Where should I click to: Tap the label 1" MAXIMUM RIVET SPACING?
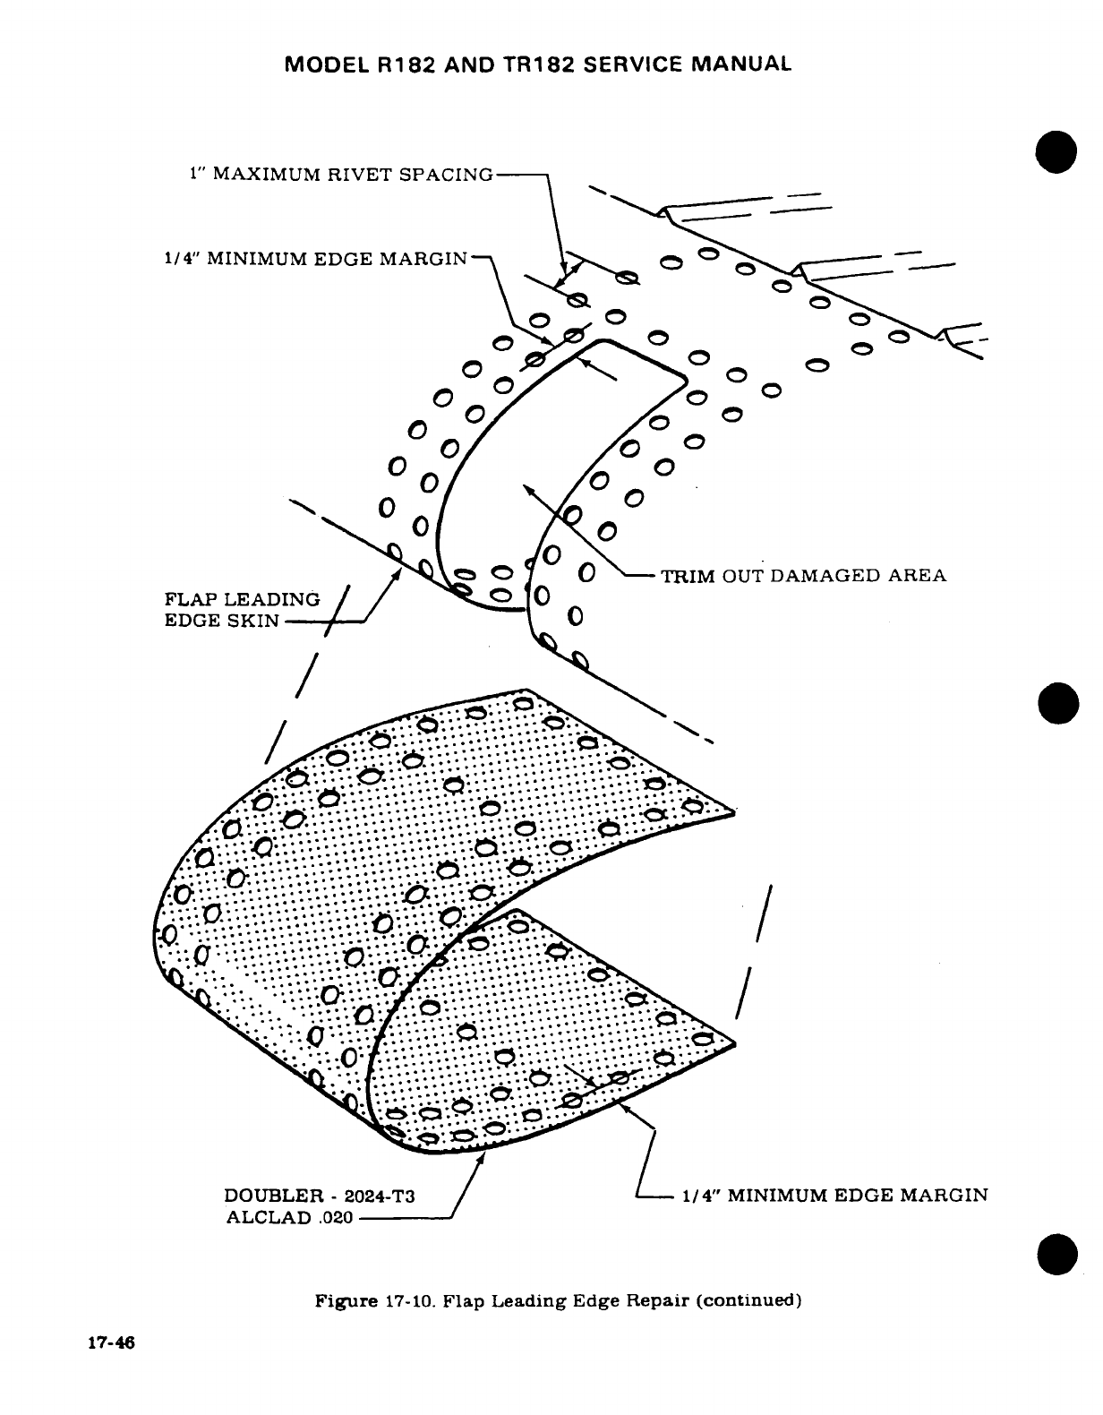[341, 173]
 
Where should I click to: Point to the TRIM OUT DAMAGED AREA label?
[803, 575]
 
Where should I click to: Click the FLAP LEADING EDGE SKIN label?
[242, 610]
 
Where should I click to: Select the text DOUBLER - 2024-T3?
[320, 1196]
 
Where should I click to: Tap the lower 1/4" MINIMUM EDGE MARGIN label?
[834, 1195]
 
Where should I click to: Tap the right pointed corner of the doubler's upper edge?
[733, 812]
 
